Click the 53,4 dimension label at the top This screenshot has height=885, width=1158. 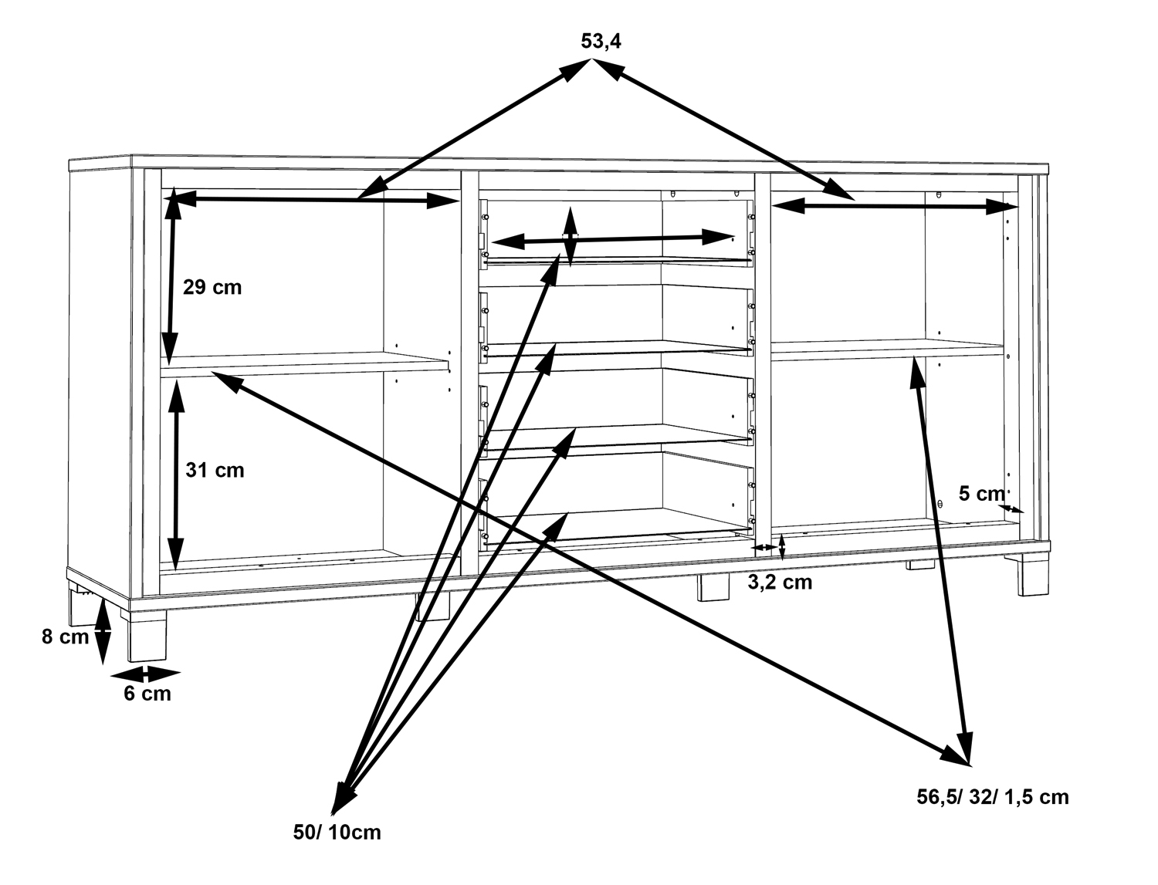pyautogui.click(x=601, y=42)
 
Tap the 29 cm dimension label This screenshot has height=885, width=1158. pyautogui.click(x=212, y=288)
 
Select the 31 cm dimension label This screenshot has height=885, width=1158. pyautogui.click(x=214, y=470)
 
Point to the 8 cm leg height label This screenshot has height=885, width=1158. pyautogui.click(x=65, y=637)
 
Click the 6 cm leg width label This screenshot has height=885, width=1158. pyautogui.click(x=147, y=694)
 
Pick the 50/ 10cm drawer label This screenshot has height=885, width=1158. pyautogui.click(x=337, y=833)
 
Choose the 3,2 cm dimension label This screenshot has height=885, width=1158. pyautogui.click(x=780, y=583)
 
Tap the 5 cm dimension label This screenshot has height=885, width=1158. pyautogui.click(x=981, y=494)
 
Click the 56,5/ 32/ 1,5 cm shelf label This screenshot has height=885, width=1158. pyautogui.click(x=992, y=797)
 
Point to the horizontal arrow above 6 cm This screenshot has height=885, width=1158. pyautogui.click(x=145, y=673)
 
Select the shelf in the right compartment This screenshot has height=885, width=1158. pyautogui.click(x=888, y=350)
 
